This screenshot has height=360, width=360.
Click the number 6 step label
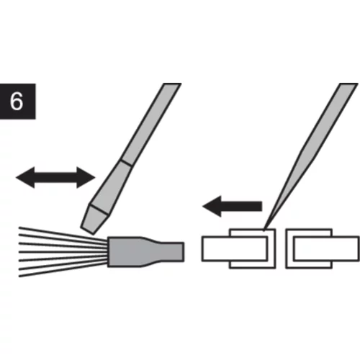click(x=17, y=102)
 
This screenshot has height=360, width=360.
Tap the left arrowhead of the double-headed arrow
click(x=25, y=178)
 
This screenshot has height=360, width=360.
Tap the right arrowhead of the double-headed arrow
click(x=86, y=178)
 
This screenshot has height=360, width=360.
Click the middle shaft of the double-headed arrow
click(x=55, y=178)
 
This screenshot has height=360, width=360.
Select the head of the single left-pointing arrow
click(x=212, y=206)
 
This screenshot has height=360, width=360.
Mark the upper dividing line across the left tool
click(x=126, y=163)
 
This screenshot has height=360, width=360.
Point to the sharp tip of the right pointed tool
click(x=264, y=230)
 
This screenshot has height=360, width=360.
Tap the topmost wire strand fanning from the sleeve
click(x=63, y=233)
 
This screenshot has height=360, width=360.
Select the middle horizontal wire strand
click(x=63, y=252)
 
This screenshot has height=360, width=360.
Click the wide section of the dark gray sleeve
click(x=125, y=251)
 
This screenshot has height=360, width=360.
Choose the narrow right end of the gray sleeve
click(x=171, y=252)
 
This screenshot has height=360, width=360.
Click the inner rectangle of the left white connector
click(x=235, y=248)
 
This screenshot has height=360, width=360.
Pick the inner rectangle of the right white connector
click(x=326, y=248)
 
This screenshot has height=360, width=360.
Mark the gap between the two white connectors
click(x=281, y=248)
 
